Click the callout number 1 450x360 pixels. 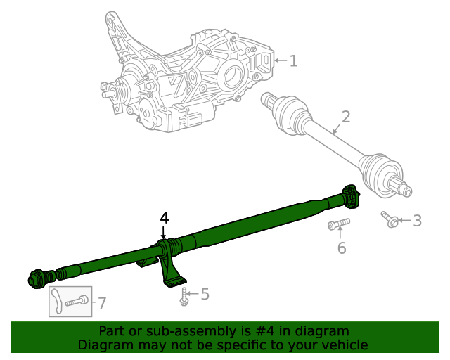pos(293,61)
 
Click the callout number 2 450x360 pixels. pos(345,117)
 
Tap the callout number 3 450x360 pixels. pos(417,221)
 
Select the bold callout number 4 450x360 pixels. pos(164,218)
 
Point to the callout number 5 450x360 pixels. pos(205,294)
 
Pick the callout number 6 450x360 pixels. pos(342,248)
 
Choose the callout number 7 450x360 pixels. pos(102,303)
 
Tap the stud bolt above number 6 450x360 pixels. pos(338,225)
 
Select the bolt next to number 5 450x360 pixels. pos(184,296)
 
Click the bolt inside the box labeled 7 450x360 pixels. pos(78,302)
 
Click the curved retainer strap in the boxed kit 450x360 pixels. pos(56,302)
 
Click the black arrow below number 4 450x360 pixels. pos(164,233)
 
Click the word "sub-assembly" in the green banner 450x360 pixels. pos(167,331)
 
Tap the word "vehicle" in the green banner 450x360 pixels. pos(342,345)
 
